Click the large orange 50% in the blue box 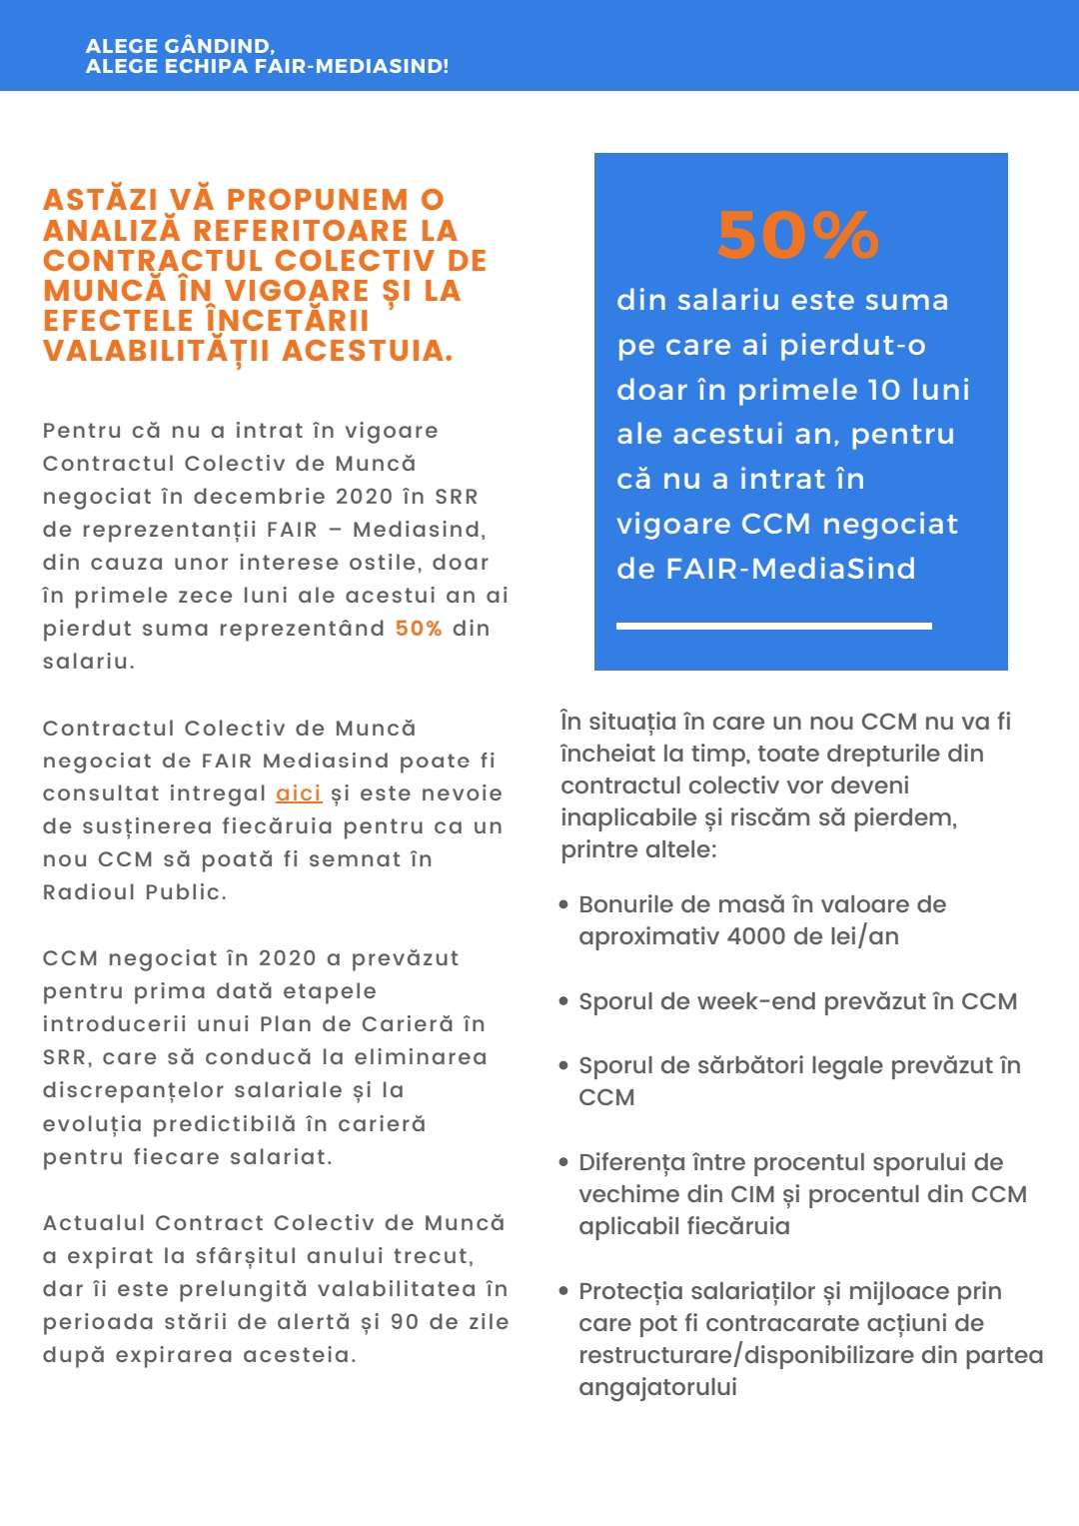(798, 236)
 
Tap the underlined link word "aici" (298, 793)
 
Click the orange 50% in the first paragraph (419, 629)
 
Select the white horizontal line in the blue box (773, 626)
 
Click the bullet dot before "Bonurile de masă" (564, 905)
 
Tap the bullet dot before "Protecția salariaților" (564, 1292)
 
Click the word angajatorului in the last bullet (657, 1387)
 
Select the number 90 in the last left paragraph (405, 1322)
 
